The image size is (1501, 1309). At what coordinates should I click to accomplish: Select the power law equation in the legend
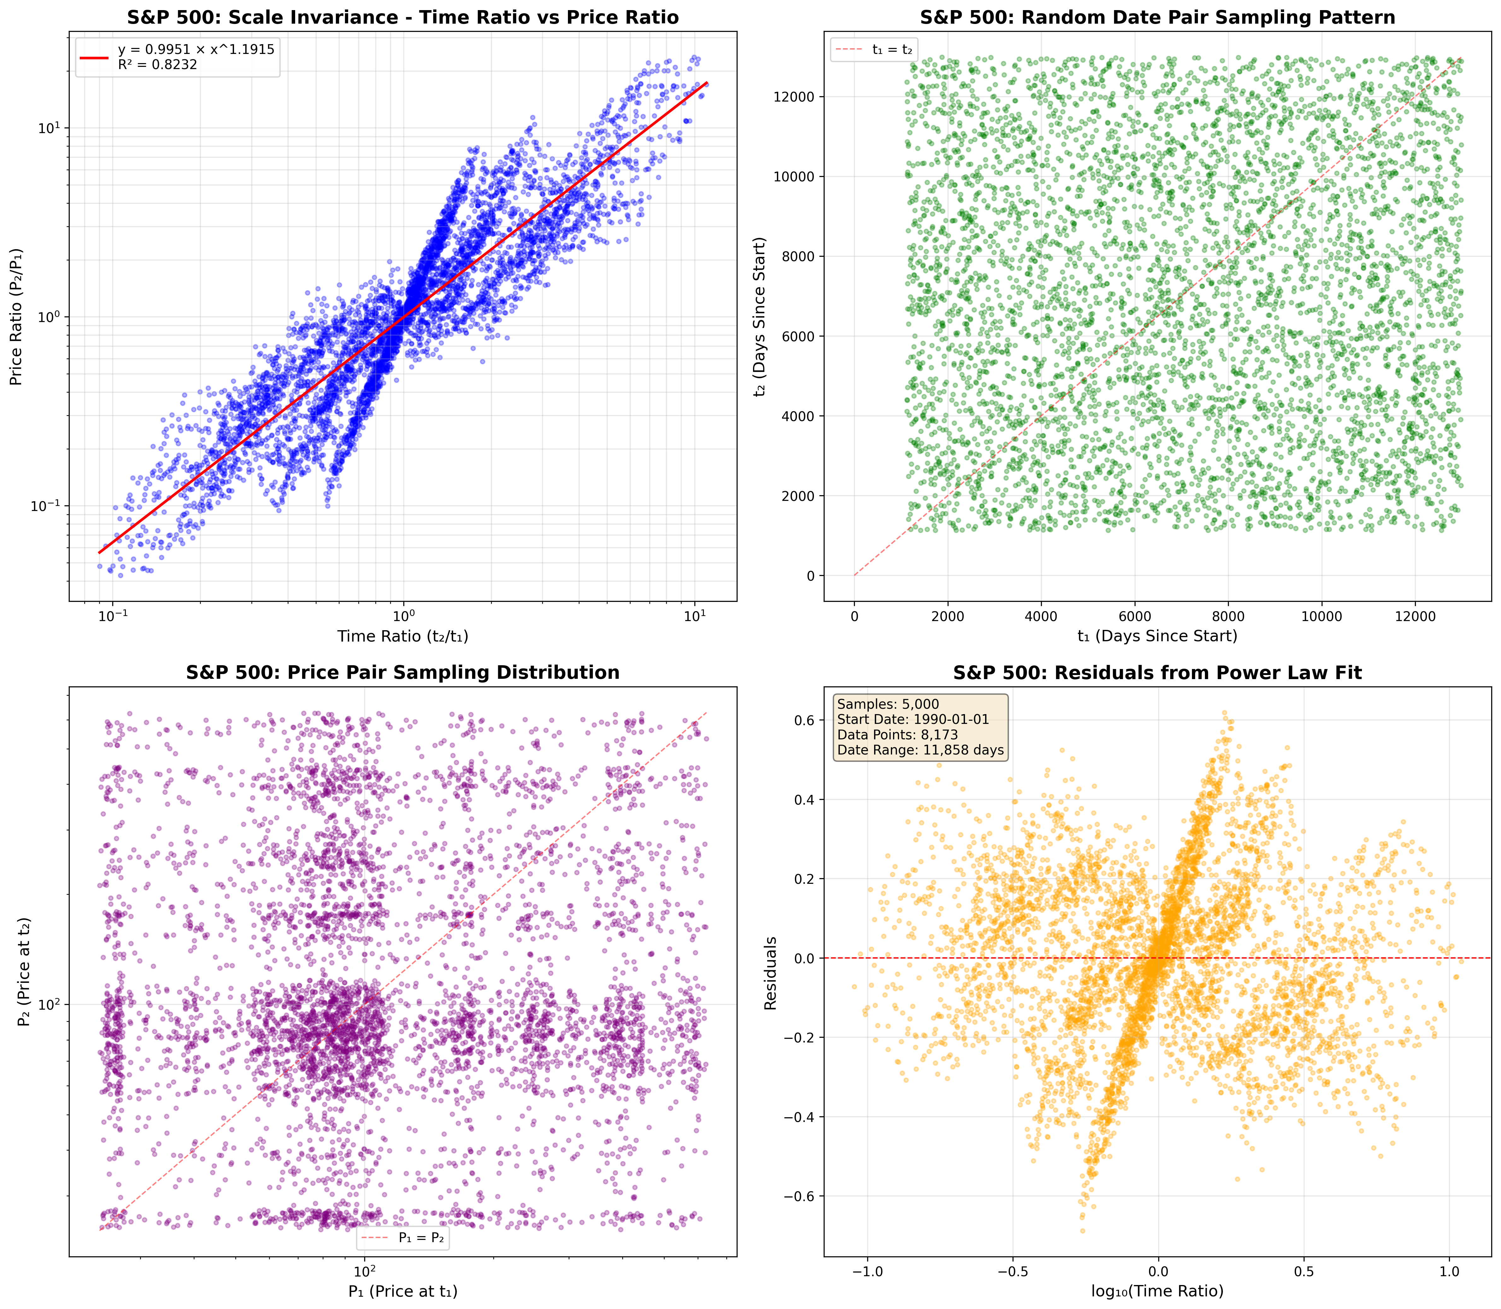(196, 50)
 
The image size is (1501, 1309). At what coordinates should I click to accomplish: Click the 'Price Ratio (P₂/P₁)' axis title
(16, 316)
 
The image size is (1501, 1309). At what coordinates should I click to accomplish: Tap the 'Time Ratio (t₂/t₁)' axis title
(402, 636)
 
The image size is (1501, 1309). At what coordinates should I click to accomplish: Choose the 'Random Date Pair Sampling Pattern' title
(1157, 18)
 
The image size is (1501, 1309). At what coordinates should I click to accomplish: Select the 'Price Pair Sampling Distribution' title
(402, 673)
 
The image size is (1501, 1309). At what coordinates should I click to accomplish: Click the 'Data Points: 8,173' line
(897, 735)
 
